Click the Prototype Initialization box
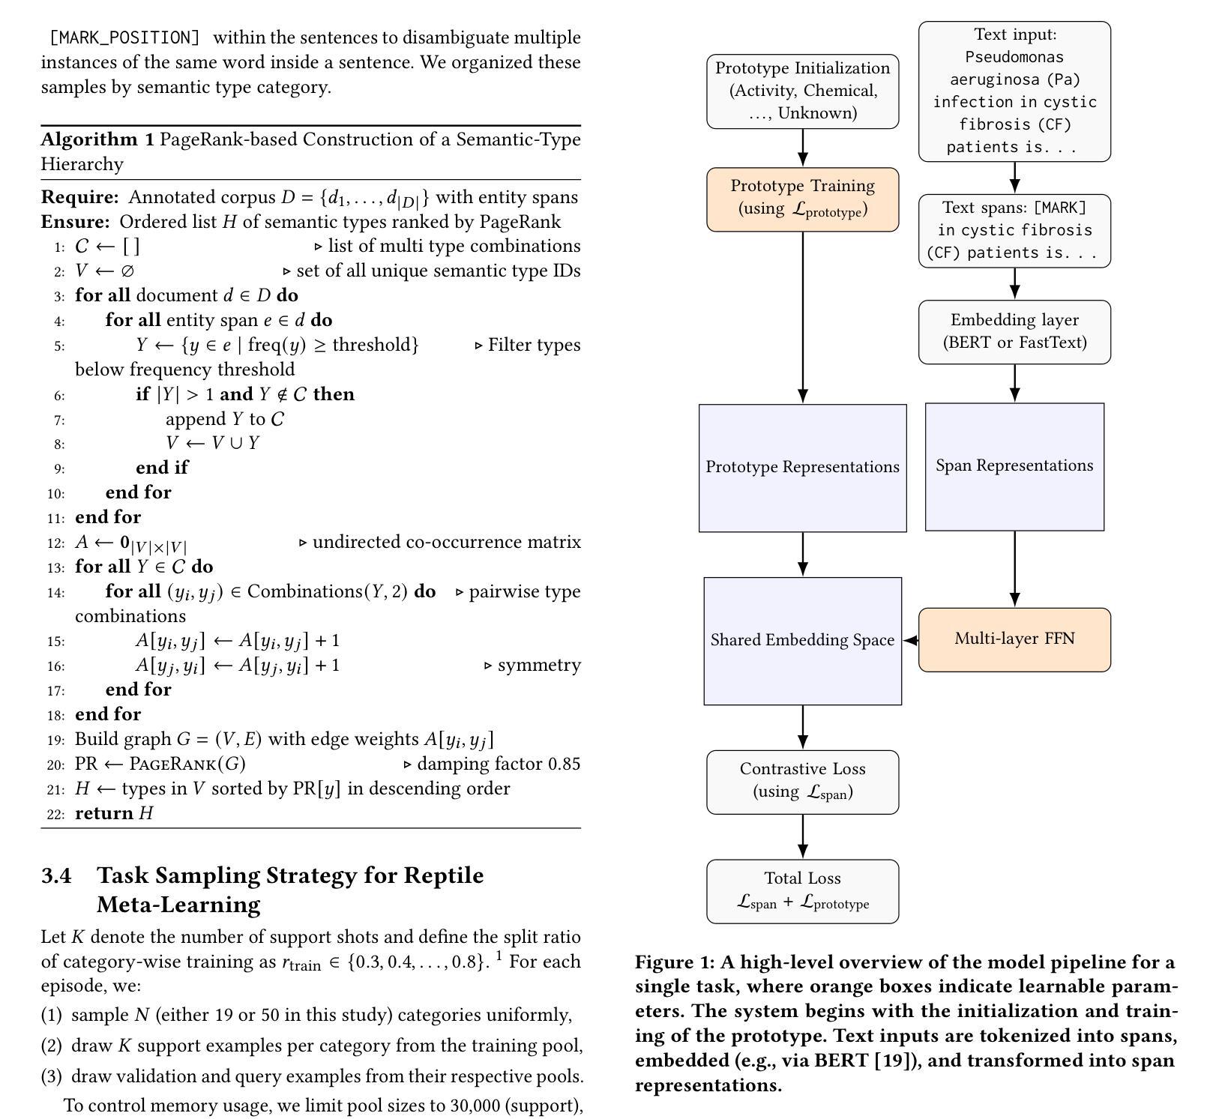(x=802, y=91)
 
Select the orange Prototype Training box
(x=802, y=199)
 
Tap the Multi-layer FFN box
(x=1014, y=639)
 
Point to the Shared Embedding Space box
(x=802, y=641)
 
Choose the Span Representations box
(x=1014, y=466)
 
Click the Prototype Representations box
(x=802, y=468)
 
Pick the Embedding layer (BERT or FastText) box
(x=1014, y=331)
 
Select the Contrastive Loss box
(x=802, y=781)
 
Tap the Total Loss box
(x=802, y=890)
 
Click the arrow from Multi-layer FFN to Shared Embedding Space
(x=911, y=640)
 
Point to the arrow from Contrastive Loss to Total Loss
(x=802, y=836)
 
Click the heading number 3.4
(x=56, y=875)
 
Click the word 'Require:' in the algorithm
(x=79, y=197)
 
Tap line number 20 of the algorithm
(x=55, y=765)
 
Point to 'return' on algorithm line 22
(x=104, y=813)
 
